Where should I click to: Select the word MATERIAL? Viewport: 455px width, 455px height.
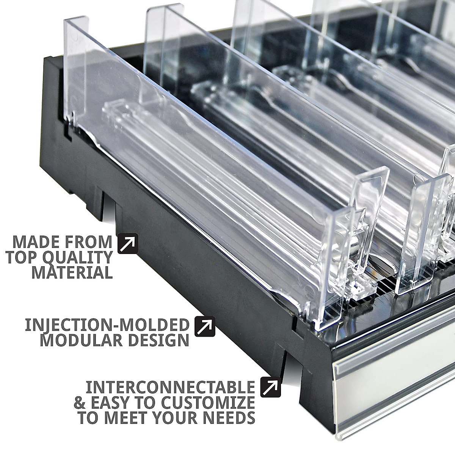pyautogui.click(x=72, y=272)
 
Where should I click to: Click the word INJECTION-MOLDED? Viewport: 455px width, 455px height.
pyautogui.click(x=107, y=325)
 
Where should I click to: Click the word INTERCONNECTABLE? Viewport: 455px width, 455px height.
pyautogui.click(x=170, y=387)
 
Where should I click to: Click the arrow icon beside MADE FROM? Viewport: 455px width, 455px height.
pyautogui.click(x=128, y=244)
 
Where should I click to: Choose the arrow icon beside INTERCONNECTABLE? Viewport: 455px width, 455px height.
pyautogui.click(x=271, y=388)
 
